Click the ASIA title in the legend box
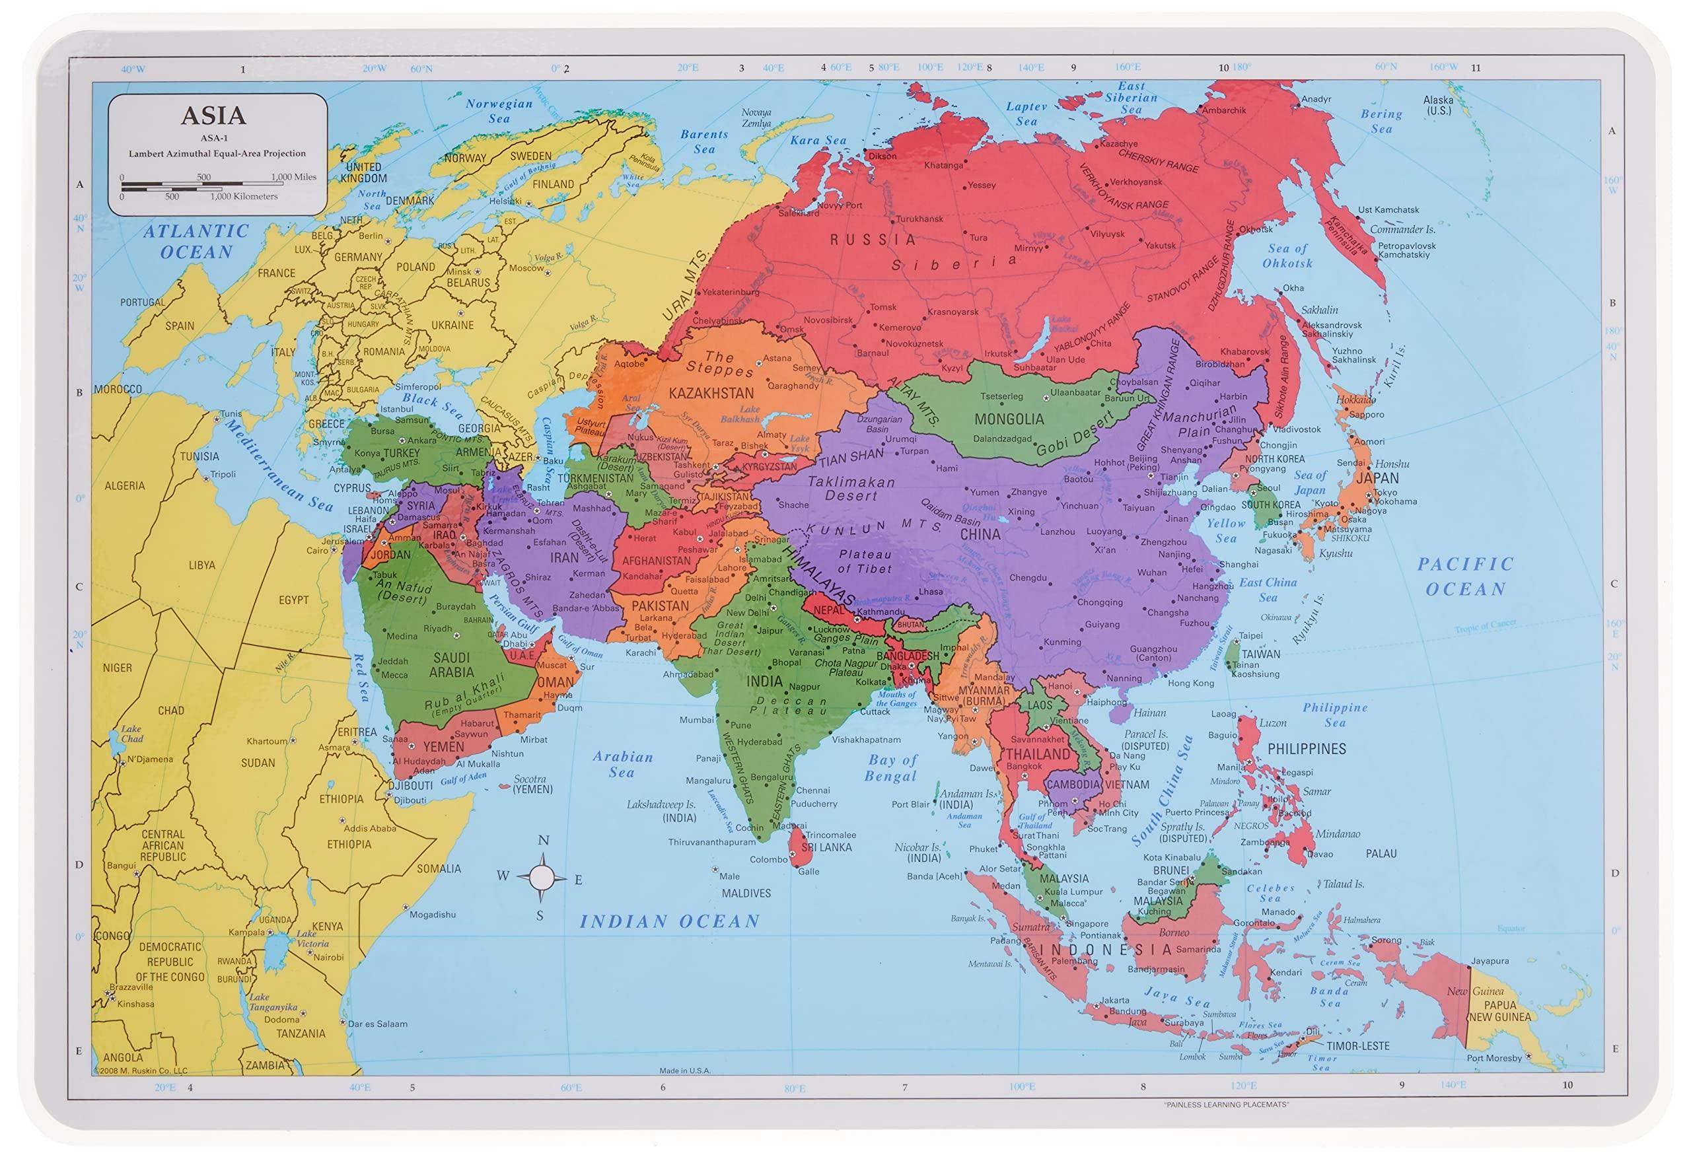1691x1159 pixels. coord(213,116)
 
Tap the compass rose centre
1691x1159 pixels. coord(542,878)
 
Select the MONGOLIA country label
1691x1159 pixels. coord(1009,419)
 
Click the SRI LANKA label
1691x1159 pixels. coord(826,847)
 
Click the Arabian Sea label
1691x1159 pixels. coord(622,765)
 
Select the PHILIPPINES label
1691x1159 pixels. coord(1307,749)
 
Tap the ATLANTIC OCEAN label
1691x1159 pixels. coord(196,242)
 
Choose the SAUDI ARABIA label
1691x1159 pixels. coord(452,665)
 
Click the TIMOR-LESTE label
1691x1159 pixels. coord(1357,1045)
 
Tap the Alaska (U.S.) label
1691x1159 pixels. coord(1438,106)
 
